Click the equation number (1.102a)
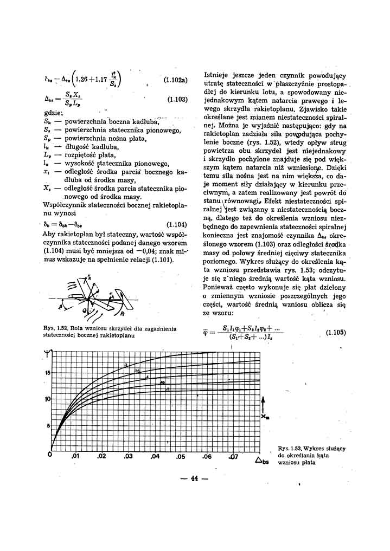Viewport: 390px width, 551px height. [175, 81]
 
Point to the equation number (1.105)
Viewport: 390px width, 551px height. [336, 333]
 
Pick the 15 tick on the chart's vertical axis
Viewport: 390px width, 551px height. [47, 373]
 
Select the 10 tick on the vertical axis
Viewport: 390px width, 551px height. [47, 399]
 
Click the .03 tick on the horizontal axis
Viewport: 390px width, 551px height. [128, 457]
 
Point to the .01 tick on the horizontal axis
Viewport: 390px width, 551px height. [76, 457]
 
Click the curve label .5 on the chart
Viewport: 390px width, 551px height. [168, 389]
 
